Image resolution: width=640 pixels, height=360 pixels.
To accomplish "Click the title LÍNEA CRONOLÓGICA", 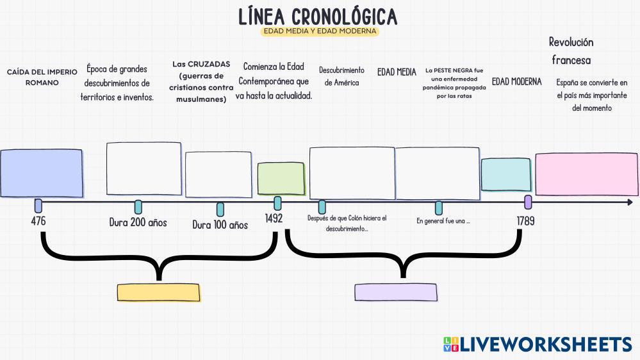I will point(318,16).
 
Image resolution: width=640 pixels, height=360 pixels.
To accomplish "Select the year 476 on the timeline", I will point(38,221).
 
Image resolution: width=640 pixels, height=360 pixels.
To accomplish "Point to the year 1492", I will point(274,218).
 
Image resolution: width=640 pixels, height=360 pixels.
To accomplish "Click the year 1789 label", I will point(525,221).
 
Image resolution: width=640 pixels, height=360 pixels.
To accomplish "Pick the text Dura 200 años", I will point(138,223).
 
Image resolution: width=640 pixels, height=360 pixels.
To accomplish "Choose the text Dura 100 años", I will point(220,225).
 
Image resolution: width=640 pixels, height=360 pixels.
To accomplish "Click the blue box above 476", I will point(42,173).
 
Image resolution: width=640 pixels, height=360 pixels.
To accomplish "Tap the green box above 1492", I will point(281,179).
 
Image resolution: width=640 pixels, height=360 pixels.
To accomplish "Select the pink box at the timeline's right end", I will point(586,174).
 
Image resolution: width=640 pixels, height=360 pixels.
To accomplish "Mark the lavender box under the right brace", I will point(395,292).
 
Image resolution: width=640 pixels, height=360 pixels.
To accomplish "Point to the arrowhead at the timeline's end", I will point(630,202).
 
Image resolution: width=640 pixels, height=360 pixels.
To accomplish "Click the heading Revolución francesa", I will point(571,51).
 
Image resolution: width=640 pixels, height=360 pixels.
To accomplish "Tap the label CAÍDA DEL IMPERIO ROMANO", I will point(42,77).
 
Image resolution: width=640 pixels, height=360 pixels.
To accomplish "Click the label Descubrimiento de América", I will point(341,76).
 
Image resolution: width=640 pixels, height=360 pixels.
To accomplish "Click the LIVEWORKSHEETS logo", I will point(537,344).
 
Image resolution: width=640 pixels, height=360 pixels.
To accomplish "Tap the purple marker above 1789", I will point(528,202).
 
